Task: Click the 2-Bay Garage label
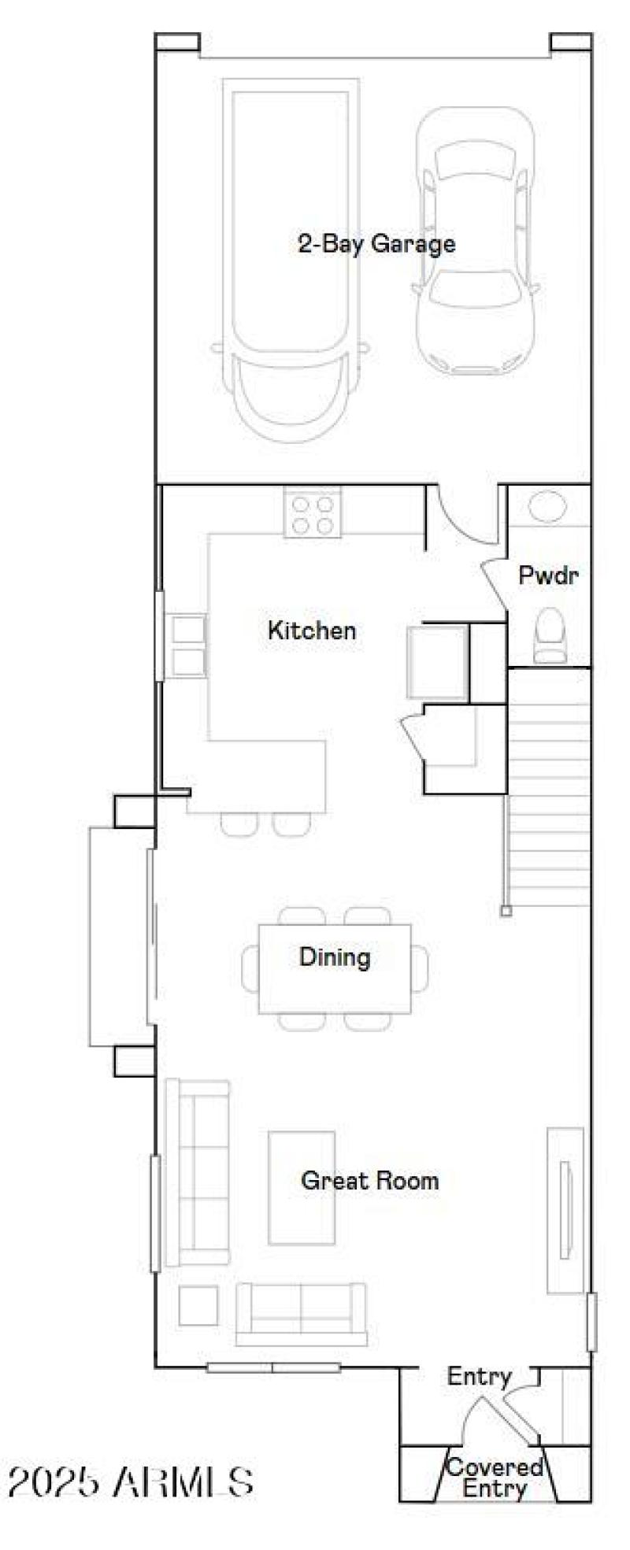tap(376, 243)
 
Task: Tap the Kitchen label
tap(311, 630)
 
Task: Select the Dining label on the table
tap(334, 957)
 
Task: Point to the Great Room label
tap(369, 1180)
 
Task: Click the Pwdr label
tap(548, 575)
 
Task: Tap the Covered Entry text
tap(495, 1478)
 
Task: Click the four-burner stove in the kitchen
tap(313, 513)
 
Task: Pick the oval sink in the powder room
tap(547, 506)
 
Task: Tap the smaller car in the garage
tap(475, 240)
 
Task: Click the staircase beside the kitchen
tap(549, 787)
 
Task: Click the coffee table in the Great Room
tap(301, 1188)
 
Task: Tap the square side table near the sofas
tap(198, 1305)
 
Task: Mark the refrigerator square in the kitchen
tap(437, 662)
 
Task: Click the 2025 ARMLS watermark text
tap(130, 1482)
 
